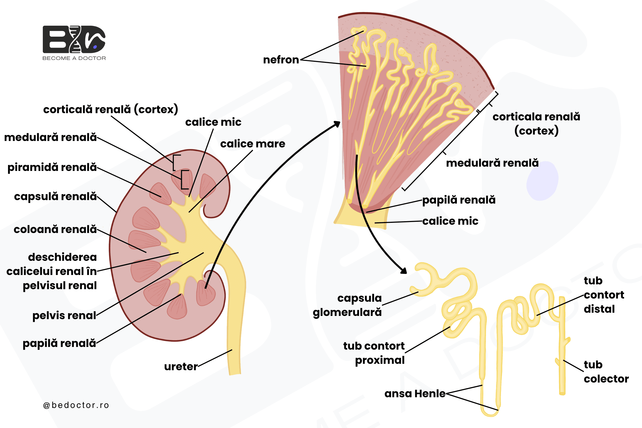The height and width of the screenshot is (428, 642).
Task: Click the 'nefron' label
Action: point(281,60)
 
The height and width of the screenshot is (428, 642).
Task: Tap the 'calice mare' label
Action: point(253,144)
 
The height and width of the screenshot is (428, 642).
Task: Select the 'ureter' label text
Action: point(181,366)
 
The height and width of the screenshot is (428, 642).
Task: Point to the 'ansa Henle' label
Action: point(415,393)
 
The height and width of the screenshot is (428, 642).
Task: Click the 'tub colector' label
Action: point(606,372)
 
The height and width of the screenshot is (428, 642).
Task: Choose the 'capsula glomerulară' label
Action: point(347,305)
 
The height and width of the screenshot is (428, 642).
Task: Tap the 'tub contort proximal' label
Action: point(374,353)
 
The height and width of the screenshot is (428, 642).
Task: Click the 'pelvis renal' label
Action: point(64,316)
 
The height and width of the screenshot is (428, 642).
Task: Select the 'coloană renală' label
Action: point(55,229)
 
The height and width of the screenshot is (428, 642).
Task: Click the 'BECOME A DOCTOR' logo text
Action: point(74,58)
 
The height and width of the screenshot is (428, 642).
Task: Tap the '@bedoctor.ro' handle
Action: point(76,405)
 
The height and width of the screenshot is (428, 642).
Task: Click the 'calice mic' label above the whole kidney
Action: point(213,122)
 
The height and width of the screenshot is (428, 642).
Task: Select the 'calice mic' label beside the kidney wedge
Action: point(450,221)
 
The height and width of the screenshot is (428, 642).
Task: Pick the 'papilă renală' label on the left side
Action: point(59,343)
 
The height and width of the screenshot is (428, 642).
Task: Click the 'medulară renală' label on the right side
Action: point(492,163)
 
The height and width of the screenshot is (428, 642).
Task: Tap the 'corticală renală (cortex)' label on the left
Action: point(110,109)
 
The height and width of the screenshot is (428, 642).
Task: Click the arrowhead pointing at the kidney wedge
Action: point(338,124)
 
